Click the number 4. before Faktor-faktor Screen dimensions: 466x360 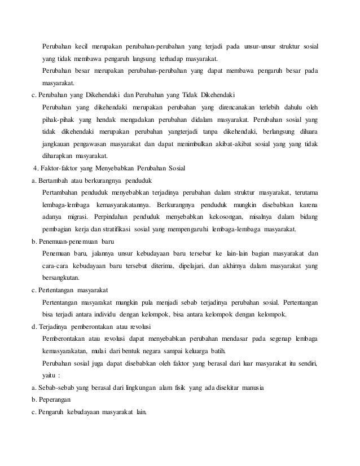[x=37, y=168]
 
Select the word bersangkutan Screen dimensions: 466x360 [x=61, y=277]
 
